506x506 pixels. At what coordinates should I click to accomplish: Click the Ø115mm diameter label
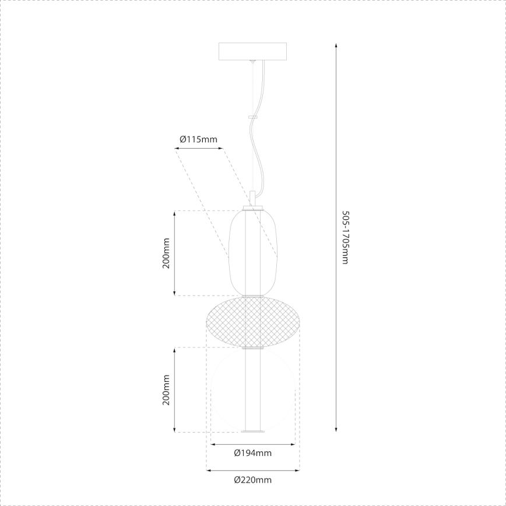(x=198, y=139)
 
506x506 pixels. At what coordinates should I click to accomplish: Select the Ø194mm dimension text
(x=252, y=453)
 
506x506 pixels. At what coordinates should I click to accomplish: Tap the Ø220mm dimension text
(x=252, y=480)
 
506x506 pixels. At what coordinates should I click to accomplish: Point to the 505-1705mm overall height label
(x=345, y=237)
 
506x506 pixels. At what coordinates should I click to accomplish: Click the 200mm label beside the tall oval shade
(x=166, y=253)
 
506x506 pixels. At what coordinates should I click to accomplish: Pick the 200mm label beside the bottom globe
(x=166, y=390)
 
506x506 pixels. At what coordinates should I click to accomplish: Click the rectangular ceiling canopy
(x=252, y=51)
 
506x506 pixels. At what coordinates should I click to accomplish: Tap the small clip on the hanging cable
(x=252, y=117)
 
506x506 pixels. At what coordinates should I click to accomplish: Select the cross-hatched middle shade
(x=252, y=321)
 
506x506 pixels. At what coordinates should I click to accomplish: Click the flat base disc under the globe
(x=252, y=432)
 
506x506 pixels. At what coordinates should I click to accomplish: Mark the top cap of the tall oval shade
(x=252, y=209)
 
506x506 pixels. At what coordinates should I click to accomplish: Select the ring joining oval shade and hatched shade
(x=252, y=296)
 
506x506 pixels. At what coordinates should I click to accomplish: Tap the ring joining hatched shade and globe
(x=252, y=348)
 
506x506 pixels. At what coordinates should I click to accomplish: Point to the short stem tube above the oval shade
(x=252, y=198)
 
